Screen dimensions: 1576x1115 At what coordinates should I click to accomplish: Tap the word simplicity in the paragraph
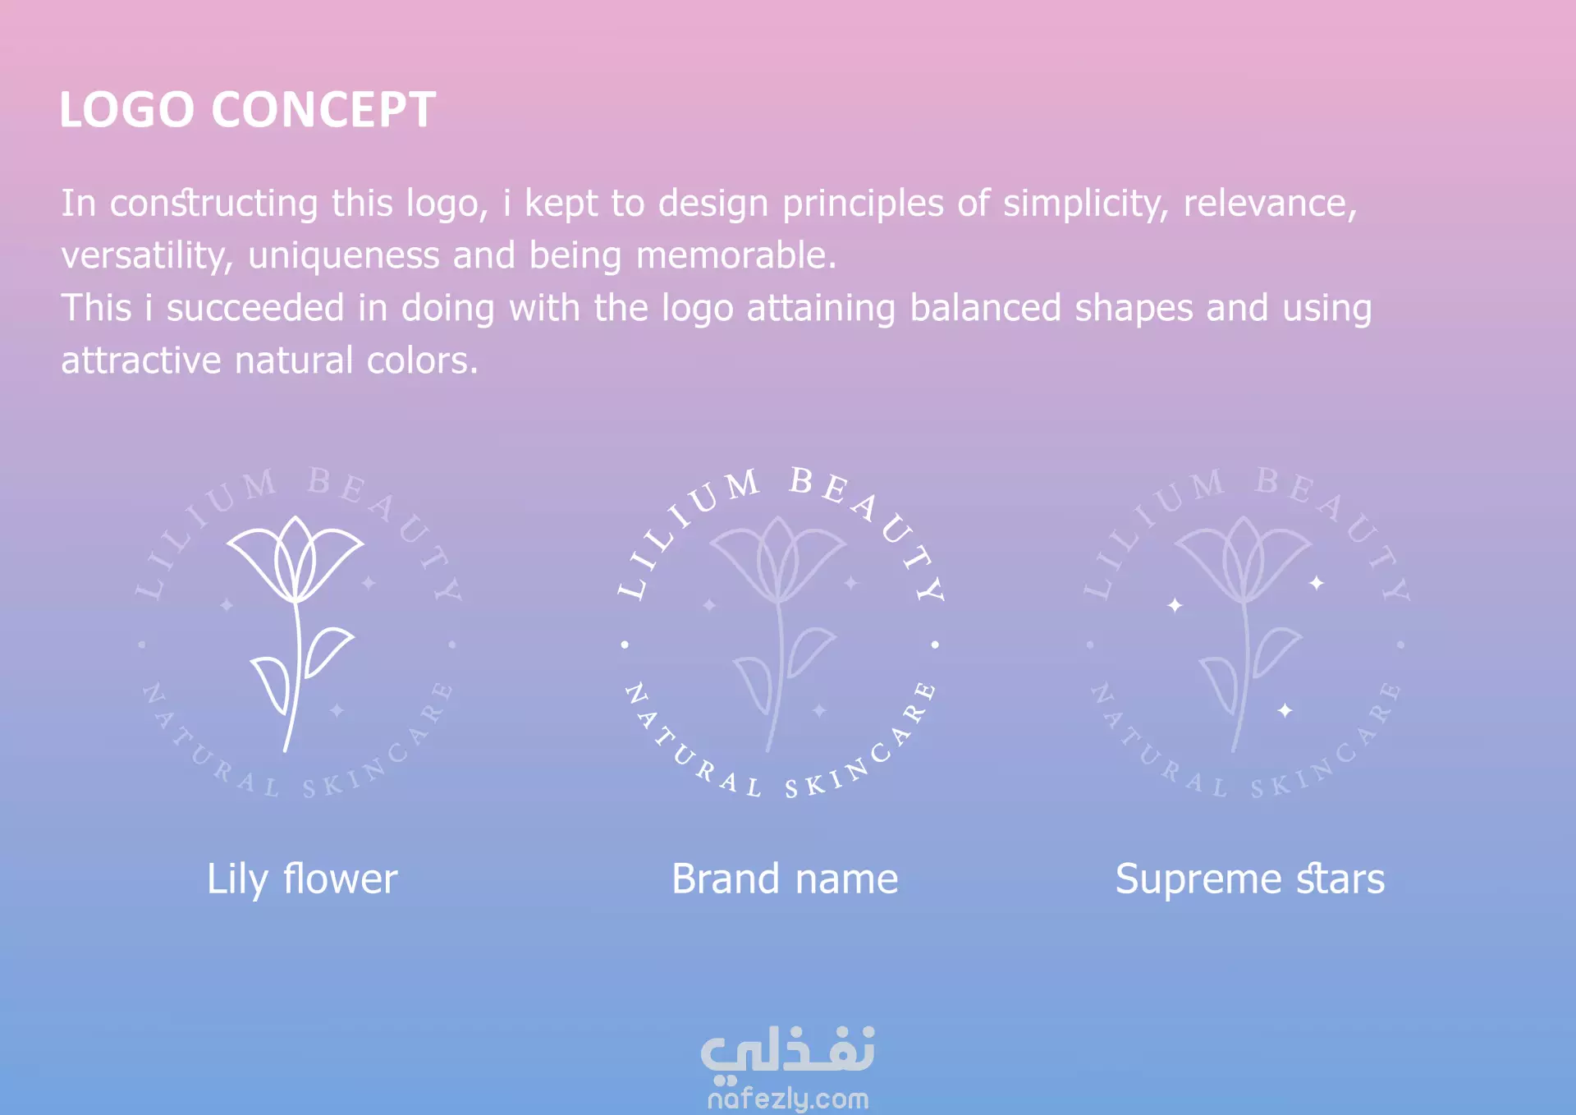(x=1086, y=204)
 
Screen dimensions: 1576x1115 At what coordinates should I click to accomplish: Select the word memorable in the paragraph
(x=735, y=255)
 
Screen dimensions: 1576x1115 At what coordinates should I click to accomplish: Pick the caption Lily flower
(x=302, y=880)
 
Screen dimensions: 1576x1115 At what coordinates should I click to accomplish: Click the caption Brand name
(x=785, y=879)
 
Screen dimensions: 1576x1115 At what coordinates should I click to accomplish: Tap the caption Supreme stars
(x=1250, y=880)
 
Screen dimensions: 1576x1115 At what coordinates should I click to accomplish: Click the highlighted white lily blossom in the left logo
(x=295, y=559)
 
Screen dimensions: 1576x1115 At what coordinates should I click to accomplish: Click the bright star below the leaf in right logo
(x=1285, y=710)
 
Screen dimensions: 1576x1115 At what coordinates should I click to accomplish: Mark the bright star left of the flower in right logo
(x=1175, y=605)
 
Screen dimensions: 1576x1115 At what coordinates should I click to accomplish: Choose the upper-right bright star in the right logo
(x=1317, y=583)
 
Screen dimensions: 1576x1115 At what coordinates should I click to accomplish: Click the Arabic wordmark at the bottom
(x=788, y=1051)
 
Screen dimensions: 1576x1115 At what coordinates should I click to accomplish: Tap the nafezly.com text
(x=788, y=1099)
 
